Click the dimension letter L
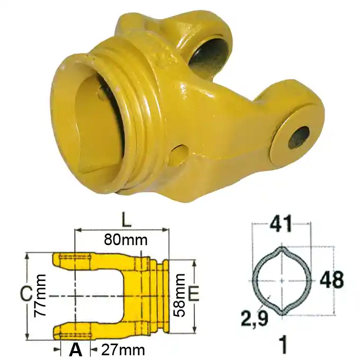pyautogui.click(x=126, y=219)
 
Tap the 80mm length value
pyautogui.click(x=125, y=240)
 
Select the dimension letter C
pyautogui.click(x=26, y=294)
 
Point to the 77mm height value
pyautogui.click(x=40, y=296)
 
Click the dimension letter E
pyautogui.click(x=193, y=294)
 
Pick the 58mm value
pyautogui.click(x=179, y=295)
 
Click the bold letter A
pyautogui.click(x=76, y=349)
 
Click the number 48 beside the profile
pyautogui.click(x=331, y=280)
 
